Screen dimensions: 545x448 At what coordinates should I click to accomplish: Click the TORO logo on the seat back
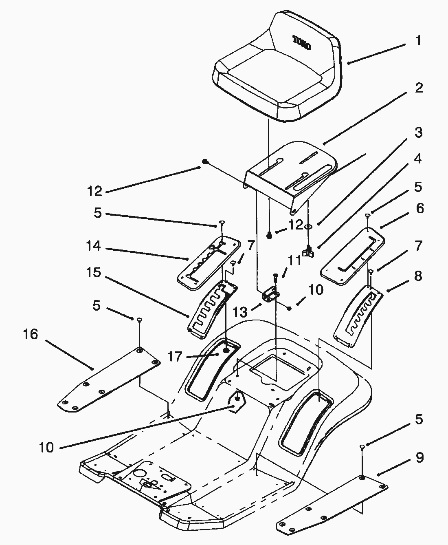[302, 42]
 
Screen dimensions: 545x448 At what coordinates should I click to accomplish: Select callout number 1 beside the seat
[418, 41]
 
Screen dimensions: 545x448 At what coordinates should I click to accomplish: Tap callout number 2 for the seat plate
[418, 88]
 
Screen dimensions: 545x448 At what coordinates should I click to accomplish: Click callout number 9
[419, 458]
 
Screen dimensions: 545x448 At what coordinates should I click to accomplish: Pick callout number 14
[93, 246]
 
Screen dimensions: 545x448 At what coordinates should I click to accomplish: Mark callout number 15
[93, 272]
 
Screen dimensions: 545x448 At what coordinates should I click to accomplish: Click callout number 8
[418, 276]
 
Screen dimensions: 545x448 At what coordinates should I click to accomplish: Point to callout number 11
[295, 260]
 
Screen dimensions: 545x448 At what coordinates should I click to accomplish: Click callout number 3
[418, 132]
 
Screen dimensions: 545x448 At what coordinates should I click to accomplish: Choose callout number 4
[418, 159]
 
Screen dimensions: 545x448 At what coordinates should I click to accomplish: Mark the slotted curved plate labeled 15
[208, 310]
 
